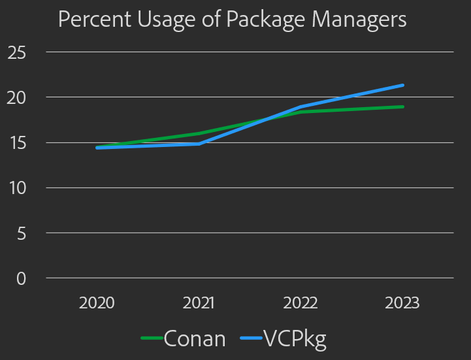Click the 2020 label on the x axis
(97, 304)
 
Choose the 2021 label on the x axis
(199, 304)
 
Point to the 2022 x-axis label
(300, 304)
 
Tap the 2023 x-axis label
(402, 304)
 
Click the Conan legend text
(195, 338)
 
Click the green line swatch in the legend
(152, 338)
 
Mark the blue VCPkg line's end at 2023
(402, 85)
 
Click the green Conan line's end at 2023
(402, 106)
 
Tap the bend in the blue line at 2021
(199, 144)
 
